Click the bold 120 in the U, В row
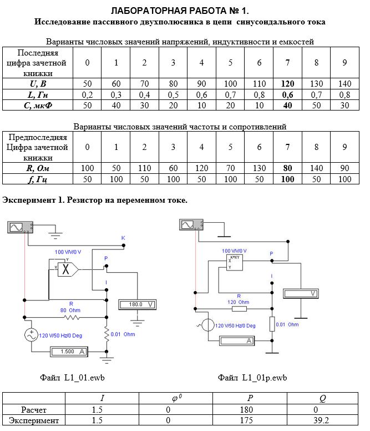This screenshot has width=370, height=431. point(287,83)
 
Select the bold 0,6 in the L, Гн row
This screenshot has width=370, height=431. point(287,95)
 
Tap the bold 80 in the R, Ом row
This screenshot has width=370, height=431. point(287,168)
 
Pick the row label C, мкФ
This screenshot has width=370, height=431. point(38,106)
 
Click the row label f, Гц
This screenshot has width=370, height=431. point(38,179)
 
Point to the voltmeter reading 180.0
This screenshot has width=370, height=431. point(137,304)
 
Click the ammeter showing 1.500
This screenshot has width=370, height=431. point(69,352)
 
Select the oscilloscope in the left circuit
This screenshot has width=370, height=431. point(21,227)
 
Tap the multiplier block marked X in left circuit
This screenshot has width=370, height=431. point(68,269)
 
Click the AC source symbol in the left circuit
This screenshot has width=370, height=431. point(31,335)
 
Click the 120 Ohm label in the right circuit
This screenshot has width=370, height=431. point(238,302)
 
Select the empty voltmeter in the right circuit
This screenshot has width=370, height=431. point(301,294)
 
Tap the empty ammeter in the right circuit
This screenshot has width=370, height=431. point(237,341)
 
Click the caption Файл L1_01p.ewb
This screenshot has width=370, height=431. point(252,377)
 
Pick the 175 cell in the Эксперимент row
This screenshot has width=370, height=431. point(246,420)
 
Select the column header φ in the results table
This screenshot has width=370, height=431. point(176,398)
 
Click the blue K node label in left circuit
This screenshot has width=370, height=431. point(123,238)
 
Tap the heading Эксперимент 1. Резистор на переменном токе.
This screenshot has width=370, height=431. point(95,200)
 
